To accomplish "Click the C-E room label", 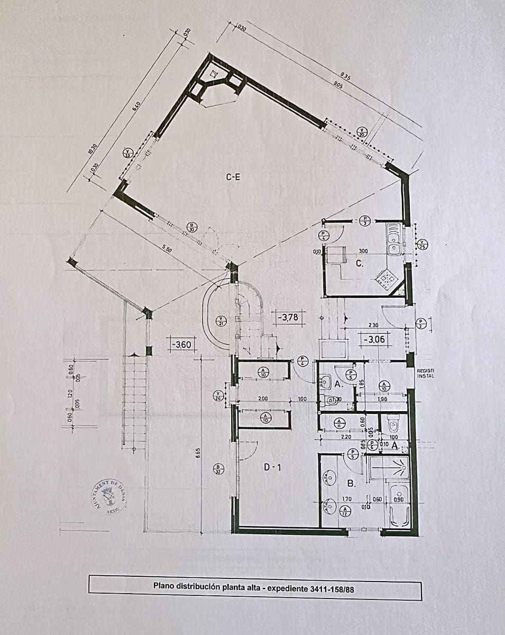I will (233, 177).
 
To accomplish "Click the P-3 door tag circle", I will (366, 221).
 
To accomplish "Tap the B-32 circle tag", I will (218, 469).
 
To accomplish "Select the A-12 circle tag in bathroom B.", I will (345, 511).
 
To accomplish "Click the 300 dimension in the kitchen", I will (363, 251).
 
